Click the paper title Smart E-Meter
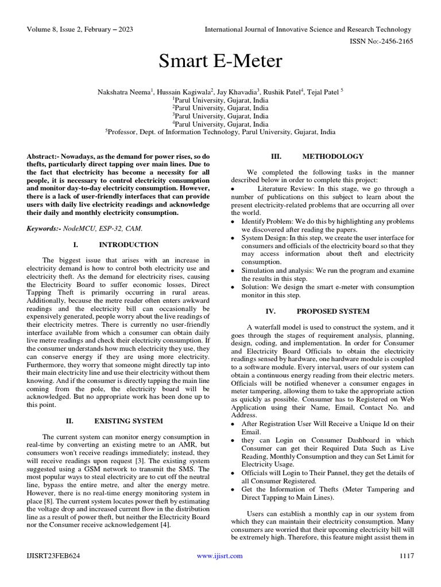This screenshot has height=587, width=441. click(220, 61)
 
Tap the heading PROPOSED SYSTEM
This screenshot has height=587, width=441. click(333, 311)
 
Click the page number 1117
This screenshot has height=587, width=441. click(406, 555)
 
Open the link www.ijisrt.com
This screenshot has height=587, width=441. click(219, 555)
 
